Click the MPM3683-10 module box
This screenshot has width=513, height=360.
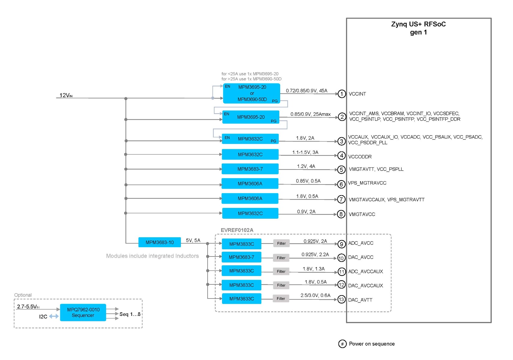(159, 242)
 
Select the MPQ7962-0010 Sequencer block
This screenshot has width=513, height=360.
(83, 312)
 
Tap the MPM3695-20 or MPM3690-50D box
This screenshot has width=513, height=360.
(251, 93)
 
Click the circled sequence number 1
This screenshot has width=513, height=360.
(342, 94)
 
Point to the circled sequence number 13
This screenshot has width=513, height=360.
(341, 299)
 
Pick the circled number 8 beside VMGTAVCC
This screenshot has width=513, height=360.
(341, 214)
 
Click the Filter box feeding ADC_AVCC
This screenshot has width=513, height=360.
(281, 243)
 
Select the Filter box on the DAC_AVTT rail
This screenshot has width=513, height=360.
(281, 298)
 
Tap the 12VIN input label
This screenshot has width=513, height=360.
(66, 95)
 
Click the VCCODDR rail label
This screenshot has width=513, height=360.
(360, 157)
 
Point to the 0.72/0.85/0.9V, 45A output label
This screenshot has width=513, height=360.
(306, 91)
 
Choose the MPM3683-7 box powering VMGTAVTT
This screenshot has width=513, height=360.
(250, 169)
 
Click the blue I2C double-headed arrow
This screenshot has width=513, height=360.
(54, 316)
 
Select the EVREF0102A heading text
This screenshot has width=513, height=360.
(237, 230)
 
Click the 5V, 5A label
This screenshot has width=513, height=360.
(193, 240)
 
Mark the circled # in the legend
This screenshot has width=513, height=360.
(342, 344)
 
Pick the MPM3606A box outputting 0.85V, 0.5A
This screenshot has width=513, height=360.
(250, 184)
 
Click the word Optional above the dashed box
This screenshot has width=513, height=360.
(23, 295)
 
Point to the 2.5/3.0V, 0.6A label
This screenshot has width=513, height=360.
(315, 295)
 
